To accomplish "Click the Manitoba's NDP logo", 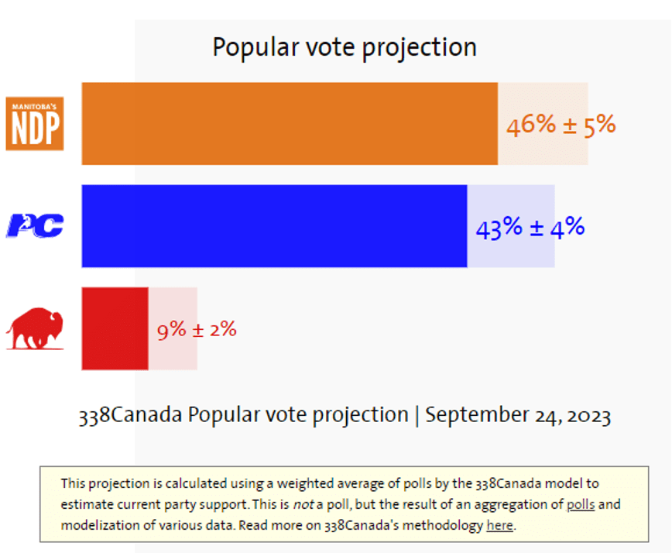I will coord(34,123).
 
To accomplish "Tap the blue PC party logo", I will coord(35,225).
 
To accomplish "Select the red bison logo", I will coord(34,328).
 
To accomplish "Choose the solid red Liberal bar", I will coord(115,328).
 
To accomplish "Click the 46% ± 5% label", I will coord(561,125).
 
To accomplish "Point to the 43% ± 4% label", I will coord(530,228).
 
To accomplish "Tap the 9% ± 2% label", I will coord(197,330).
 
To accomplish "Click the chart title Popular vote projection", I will coord(345,47).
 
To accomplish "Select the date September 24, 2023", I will coord(518,415).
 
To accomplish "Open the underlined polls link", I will coord(581,505).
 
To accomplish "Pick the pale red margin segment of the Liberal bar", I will coord(173,306).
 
